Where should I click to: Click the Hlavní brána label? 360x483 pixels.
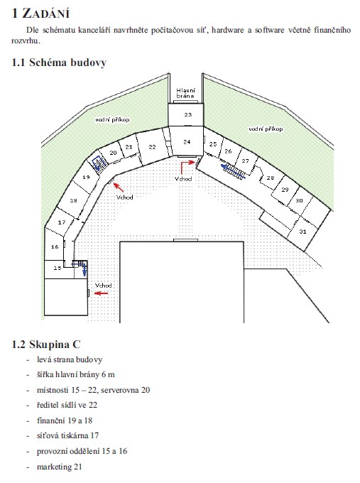(x=185, y=93)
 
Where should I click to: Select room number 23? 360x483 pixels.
(x=188, y=114)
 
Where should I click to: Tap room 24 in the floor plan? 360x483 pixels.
(x=187, y=142)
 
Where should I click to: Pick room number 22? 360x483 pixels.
(x=152, y=147)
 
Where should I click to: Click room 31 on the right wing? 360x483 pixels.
(x=302, y=232)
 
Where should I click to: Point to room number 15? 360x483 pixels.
(x=58, y=268)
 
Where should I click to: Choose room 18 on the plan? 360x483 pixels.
(x=73, y=200)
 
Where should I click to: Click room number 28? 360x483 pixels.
(x=271, y=178)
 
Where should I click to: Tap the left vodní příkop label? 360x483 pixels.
(x=112, y=120)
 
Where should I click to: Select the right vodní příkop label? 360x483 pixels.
(x=266, y=129)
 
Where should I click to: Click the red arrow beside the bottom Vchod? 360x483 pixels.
(x=102, y=293)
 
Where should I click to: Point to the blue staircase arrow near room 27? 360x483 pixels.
(x=233, y=172)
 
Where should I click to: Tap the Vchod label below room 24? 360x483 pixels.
(x=183, y=179)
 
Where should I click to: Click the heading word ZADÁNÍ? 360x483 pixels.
(x=46, y=13)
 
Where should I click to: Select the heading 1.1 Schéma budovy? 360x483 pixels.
(x=59, y=63)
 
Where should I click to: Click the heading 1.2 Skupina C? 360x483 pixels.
(x=46, y=344)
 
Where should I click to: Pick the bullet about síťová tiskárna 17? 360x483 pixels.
(x=67, y=435)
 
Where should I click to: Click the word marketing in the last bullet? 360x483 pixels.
(x=54, y=467)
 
